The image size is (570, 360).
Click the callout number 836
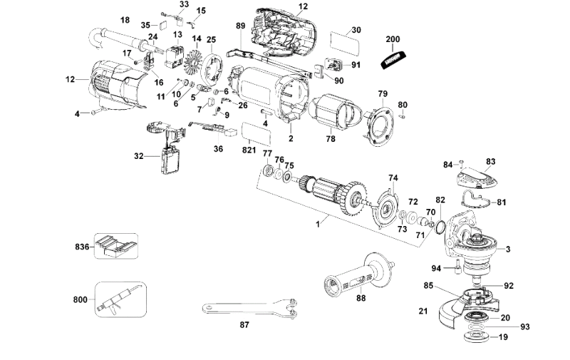pyautogui.click(x=82, y=247)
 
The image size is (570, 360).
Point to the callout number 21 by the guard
pyautogui.click(x=423, y=311)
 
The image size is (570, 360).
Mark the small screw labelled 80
pyautogui.click(x=402, y=116)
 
